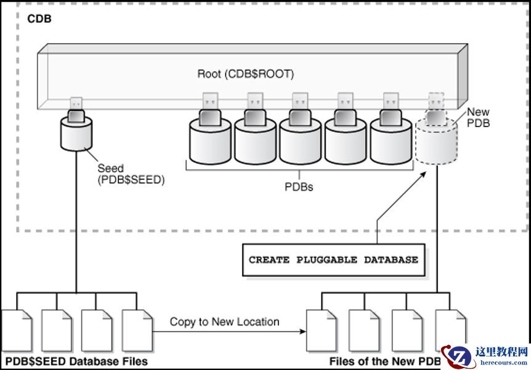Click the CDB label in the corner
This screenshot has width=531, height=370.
tap(39, 19)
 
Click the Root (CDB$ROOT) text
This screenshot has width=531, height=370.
tap(246, 74)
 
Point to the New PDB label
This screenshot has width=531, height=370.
tap(478, 117)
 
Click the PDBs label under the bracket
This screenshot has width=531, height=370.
tap(298, 186)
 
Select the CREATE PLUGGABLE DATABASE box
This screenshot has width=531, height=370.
tap(333, 260)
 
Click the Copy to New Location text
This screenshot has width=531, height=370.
tap(224, 322)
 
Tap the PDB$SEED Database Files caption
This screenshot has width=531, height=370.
tap(76, 361)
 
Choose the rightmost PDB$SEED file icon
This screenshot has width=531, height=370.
tap(137, 330)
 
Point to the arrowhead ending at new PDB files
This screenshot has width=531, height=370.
tap(303, 332)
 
